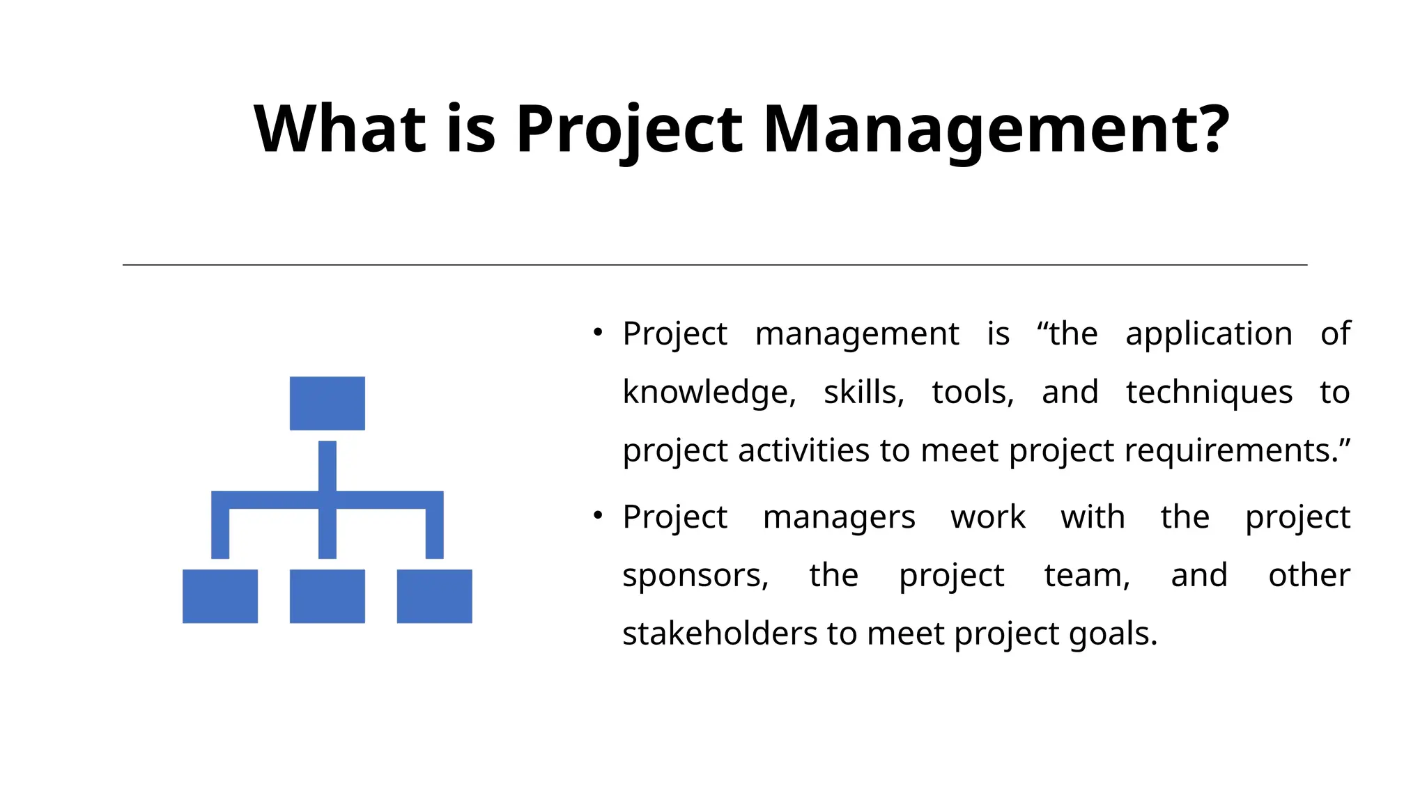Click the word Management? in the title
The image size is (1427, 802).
[x=996, y=129]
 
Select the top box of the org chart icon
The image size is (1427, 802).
[x=327, y=403]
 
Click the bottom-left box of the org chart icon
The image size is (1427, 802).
[x=220, y=596]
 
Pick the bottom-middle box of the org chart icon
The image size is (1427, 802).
[x=327, y=596]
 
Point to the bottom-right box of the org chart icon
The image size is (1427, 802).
[x=435, y=596]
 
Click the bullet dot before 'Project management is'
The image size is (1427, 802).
[x=598, y=333]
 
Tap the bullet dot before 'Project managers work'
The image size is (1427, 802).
[x=598, y=516]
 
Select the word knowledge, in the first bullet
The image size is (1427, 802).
[x=709, y=393]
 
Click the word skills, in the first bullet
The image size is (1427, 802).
[x=864, y=393]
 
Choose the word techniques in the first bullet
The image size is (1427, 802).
[x=1209, y=393]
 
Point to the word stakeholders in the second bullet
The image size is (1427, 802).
[x=720, y=634]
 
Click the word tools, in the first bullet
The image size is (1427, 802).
[x=973, y=393]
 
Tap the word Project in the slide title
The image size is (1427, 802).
[x=629, y=129]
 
